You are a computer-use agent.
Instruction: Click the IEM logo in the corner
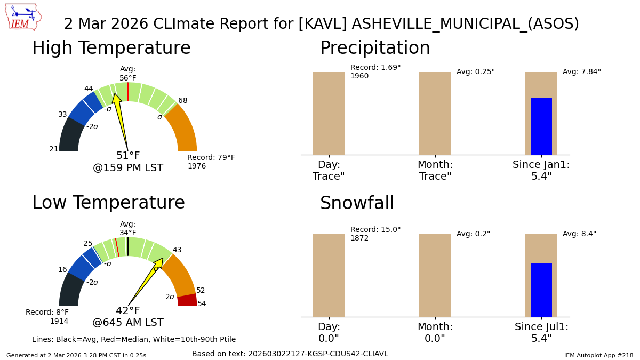(23, 17)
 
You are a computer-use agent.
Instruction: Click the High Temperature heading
(111, 49)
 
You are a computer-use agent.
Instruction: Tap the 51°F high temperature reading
(128, 156)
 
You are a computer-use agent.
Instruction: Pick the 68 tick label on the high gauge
(183, 101)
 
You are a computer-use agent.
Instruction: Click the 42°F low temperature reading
(128, 311)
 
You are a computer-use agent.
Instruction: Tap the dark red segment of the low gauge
(187, 300)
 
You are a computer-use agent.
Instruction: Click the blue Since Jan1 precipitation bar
(541, 126)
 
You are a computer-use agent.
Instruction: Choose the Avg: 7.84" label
(581, 72)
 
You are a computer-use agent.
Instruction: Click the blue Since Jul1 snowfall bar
(541, 290)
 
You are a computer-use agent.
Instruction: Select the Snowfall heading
(357, 204)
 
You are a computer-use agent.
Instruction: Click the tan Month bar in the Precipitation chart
(435, 113)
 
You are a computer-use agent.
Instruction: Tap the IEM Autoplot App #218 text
(598, 355)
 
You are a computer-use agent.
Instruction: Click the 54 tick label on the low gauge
(202, 304)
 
